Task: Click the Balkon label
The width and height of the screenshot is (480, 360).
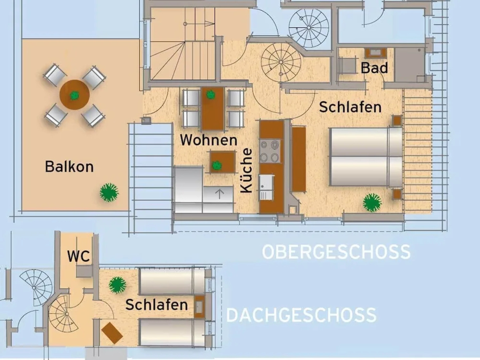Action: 69,166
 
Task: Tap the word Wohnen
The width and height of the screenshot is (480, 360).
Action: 209,140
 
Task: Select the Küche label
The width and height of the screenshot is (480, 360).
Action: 247,170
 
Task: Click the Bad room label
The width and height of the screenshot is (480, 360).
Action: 374,68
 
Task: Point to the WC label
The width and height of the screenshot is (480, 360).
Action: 79,256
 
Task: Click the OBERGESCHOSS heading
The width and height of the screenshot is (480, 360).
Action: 336,252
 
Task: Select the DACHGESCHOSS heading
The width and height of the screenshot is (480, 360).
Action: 301,315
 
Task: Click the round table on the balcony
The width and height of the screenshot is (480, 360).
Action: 75,95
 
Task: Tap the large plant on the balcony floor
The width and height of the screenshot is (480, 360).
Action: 109,192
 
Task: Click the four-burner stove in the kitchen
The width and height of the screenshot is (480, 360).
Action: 269,151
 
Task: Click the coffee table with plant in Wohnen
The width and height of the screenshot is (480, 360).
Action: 222,162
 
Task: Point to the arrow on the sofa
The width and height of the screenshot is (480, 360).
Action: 219,194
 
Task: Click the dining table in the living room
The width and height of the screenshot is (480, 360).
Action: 212,109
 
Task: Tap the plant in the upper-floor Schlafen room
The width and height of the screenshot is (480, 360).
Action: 372,202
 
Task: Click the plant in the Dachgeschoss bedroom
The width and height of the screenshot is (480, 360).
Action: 117,285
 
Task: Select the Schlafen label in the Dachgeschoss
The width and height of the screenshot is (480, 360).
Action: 156,305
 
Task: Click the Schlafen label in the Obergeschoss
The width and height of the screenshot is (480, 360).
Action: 350,107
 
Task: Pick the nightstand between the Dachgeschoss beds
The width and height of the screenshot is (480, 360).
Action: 199,306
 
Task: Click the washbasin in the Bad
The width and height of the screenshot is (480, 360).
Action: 375,53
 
